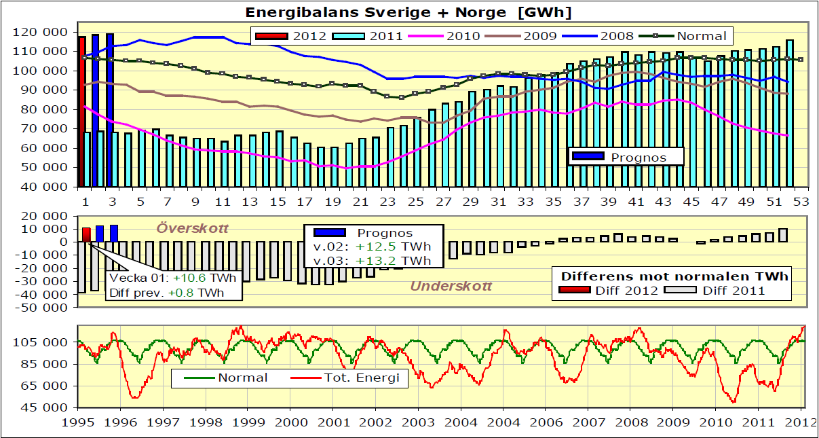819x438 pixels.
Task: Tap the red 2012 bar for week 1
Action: coord(81,111)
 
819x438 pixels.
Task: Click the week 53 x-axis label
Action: coord(801,202)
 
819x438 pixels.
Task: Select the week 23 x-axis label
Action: coord(388,202)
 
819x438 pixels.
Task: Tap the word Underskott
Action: coord(451,287)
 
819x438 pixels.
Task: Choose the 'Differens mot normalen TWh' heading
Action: coord(674,276)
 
